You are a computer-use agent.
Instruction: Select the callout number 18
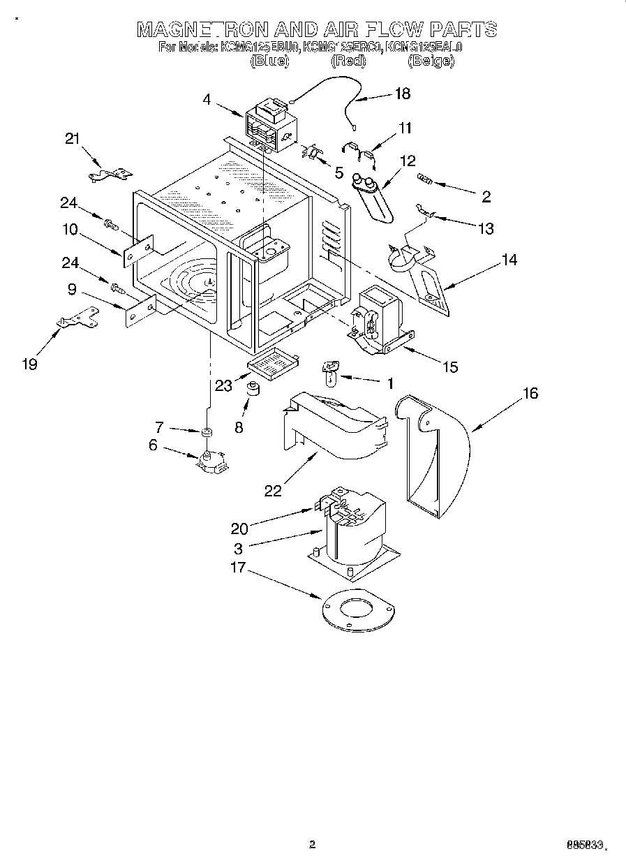[402, 94]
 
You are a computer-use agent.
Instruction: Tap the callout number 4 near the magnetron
[207, 99]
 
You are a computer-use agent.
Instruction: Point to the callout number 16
[530, 394]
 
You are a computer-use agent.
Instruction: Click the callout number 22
[272, 491]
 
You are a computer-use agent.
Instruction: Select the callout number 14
[509, 260]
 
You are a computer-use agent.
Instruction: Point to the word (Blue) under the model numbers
[269, 61]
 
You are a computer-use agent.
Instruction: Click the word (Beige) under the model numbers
[431, 61]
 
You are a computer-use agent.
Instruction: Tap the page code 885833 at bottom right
[584, 845]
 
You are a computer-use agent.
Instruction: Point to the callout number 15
[451, 367]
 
